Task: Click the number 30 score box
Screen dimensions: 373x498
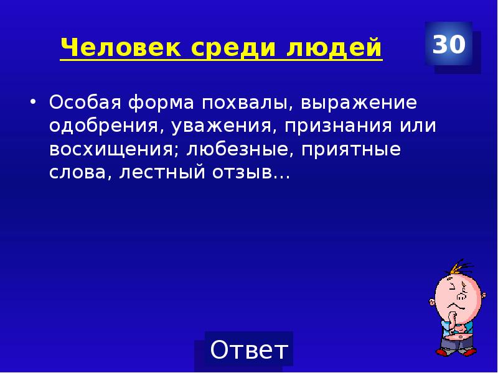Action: click(449, 44)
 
